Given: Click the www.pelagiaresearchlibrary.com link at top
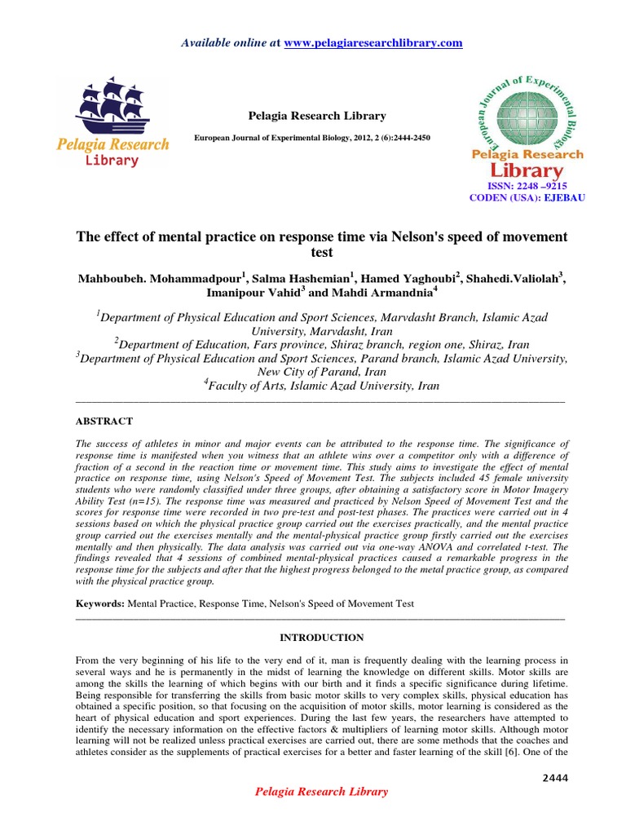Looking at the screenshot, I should [x=373, y=42].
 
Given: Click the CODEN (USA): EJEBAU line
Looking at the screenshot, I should [x=527, y=198].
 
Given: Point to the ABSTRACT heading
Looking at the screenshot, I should [x=104, y=421].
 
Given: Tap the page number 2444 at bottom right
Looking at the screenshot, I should [x=554, y=778].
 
